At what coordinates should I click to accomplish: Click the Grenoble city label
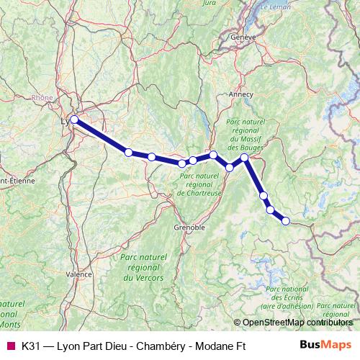189,227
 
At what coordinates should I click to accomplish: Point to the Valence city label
78,274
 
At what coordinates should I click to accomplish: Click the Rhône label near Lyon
42,101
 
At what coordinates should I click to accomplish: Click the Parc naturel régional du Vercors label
142,266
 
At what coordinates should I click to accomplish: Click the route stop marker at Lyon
74,120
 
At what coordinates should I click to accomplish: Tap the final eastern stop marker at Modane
285,221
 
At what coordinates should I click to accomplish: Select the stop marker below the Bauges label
244,157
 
